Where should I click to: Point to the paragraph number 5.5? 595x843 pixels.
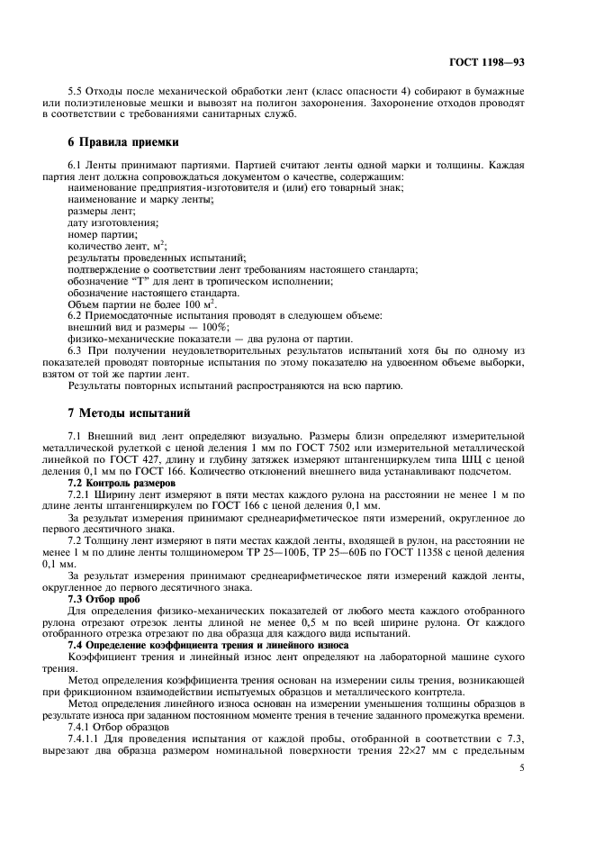coord(77,93)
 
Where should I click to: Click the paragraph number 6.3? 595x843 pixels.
coord(77,351)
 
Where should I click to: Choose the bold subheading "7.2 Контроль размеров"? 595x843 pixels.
coord(122,484)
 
